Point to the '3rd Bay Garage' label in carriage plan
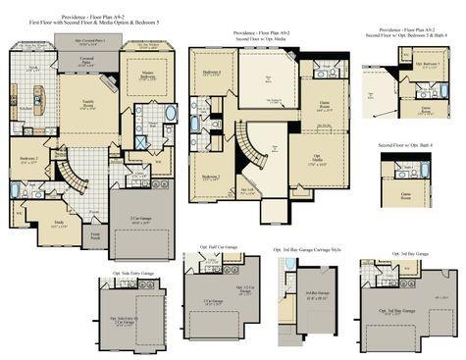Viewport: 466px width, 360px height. pyautogui.click(x=316, y=294)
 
